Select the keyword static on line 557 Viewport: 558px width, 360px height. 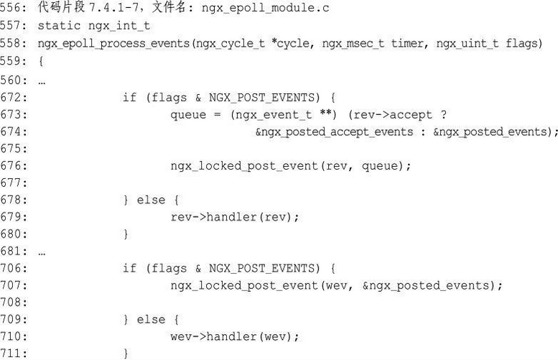click(x=58, y=27)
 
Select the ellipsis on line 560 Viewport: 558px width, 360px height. click(x=42, y=80)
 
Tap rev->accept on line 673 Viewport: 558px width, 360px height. click(x=396, y=114)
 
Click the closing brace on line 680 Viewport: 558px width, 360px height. click(x=126, y=234)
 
